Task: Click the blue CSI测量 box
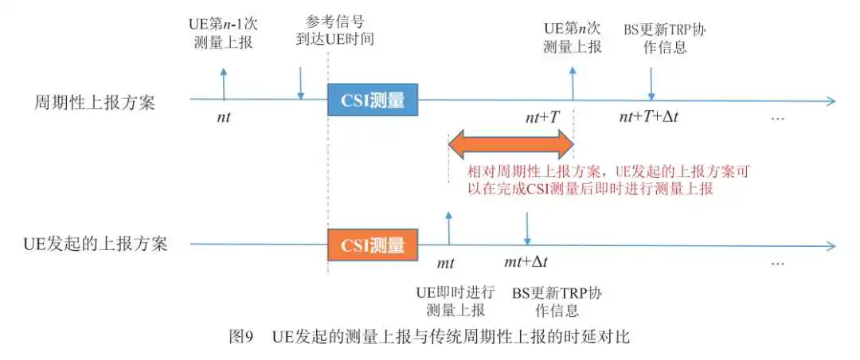373,100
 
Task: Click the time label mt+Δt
526,262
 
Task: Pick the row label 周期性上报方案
94,102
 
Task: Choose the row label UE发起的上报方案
96,244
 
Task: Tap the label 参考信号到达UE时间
334,31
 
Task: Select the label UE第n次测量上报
572,36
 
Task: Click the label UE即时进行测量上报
455,301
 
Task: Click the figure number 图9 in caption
240,336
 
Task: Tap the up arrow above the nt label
223,84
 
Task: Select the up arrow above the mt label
448,229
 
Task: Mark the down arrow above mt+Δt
527,229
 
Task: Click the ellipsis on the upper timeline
778,119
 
